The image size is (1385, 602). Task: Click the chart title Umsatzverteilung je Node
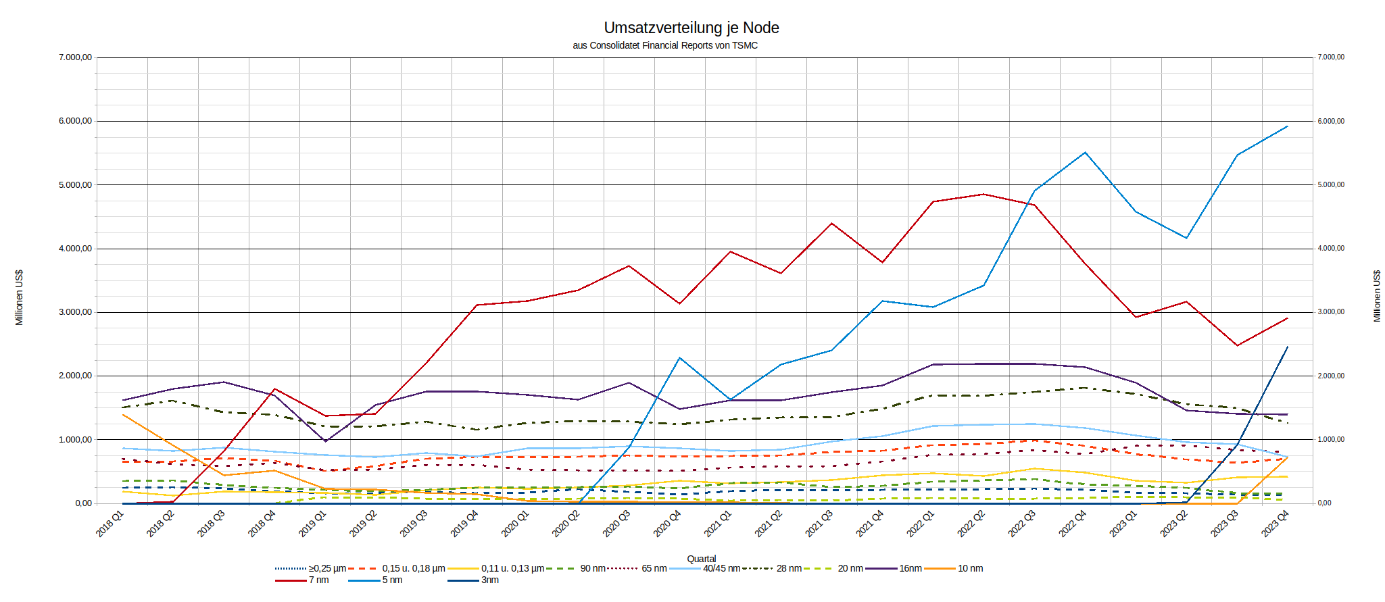pos(691,28)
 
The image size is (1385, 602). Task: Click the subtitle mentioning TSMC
pos(665,46)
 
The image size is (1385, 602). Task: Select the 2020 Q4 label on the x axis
pos(667,524)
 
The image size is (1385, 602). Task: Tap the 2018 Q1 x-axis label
pos(110,524)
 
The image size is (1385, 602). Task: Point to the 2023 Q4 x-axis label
pos(1275,524)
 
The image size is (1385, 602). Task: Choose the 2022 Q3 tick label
pos(1021,524)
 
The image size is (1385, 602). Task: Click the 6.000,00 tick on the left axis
pos(75,121)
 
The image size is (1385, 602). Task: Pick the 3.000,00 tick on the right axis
pos(1330,312)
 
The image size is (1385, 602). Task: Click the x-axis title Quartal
pos(701,559)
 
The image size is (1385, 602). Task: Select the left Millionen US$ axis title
pos(19,297)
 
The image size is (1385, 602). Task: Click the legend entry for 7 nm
pos(318,580)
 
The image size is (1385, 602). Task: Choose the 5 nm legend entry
pos(392,580)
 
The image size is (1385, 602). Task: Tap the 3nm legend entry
pos(489,580)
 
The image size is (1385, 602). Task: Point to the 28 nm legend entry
pos(789,568)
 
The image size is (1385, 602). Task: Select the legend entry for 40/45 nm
pos(721,568)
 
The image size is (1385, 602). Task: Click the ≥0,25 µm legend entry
pos(327,568)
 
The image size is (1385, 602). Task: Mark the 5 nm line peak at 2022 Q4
pos(1085,153)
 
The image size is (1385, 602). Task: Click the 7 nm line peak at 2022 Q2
pos(983,194)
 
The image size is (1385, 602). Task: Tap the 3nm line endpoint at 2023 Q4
pos(1287,347)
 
